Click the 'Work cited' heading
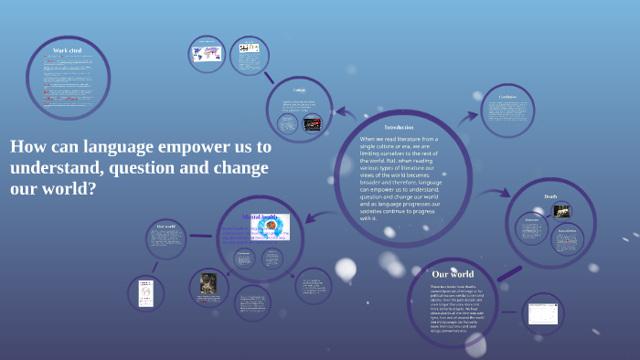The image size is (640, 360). (x=68, y=50)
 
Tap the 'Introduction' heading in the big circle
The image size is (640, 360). (x=399, y=127)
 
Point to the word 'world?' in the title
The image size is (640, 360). (x=69, y=190)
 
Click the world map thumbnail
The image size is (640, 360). (x=206, y=54)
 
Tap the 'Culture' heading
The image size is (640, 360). (x=299, y=90)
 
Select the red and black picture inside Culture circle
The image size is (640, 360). (x=313, y=123)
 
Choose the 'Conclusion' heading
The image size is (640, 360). (x=508, y=96)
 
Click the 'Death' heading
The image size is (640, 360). (x=550, y=196)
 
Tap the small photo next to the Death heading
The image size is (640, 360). (x=563, y=211)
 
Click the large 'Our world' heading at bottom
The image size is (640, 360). (x=453, y=273)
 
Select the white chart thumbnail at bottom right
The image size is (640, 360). (x=542, y=314)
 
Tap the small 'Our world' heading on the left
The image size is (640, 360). (x=165, y=226)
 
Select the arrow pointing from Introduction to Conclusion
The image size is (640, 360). (x=468, y=116)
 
